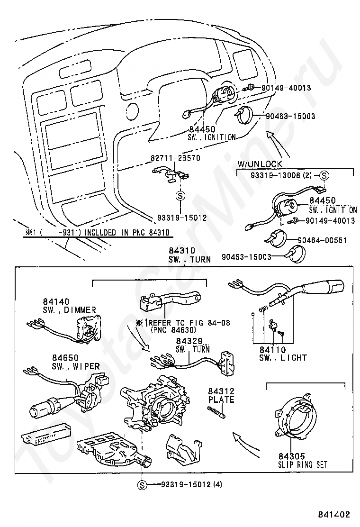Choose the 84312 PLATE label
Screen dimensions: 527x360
(x=221, y=395)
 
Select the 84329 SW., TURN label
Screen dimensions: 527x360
(x=189, y=345)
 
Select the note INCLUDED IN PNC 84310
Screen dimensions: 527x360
(x=99, y=232)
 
